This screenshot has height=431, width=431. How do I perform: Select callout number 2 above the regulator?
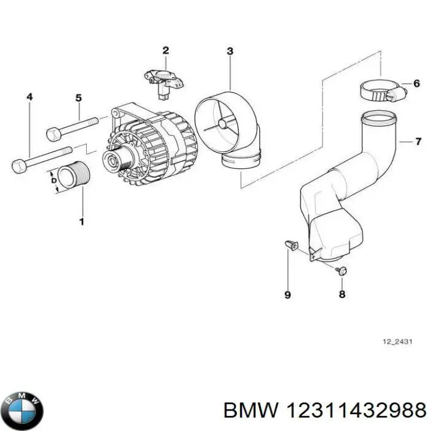tap(166, 50)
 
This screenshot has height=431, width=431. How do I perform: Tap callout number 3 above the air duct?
tap(230, 51)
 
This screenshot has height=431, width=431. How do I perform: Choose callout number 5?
tap(78, 98)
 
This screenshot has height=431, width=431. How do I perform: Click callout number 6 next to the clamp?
tap(416, 84)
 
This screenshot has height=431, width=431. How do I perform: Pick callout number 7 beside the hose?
tap(418, 142)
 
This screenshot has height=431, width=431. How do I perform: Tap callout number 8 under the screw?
tap(342, 294)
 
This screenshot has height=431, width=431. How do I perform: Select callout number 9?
tap(287, 295)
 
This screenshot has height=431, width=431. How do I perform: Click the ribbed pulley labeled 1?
tap(75, 177)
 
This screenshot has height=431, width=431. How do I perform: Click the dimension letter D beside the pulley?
tap(53, 180)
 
